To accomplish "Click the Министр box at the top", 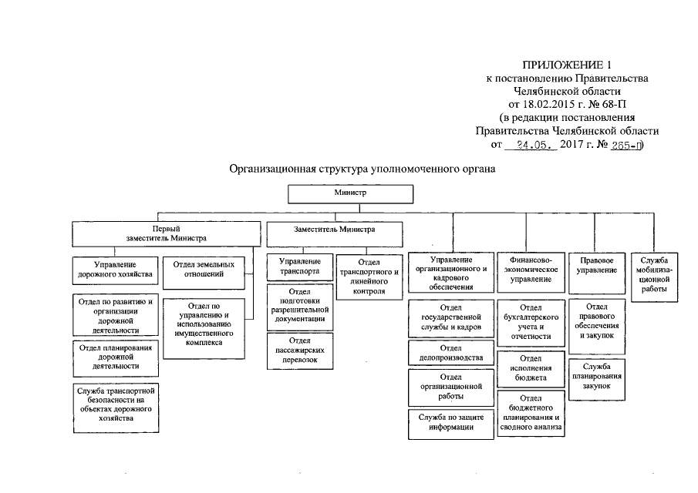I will pos(350,193).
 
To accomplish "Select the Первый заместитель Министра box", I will pos(167,233).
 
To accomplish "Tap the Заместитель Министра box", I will pos(334,230).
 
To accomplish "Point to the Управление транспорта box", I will pos(298,267).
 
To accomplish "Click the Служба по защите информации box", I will pos(450,423).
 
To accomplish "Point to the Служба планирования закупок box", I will pos(597,373).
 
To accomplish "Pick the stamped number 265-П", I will pos(625,144).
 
